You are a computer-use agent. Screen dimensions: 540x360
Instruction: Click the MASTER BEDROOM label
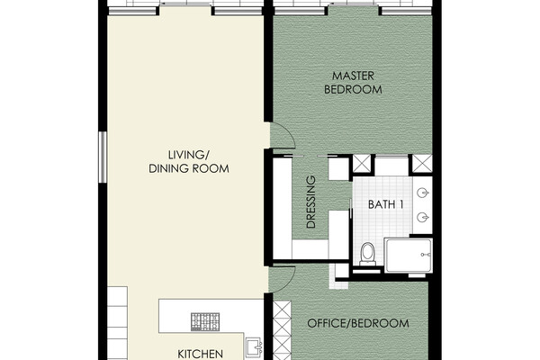[x=353, y=83]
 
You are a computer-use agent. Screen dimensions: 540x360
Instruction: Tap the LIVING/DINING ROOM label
[x=189, y=162]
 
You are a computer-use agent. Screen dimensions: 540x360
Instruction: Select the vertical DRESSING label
[x=311, y=202]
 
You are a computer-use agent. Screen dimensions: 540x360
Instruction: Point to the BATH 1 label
[x=386, y=204]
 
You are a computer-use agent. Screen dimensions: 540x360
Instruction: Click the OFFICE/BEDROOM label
[x=358, y=323]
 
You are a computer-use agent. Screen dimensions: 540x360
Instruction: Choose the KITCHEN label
[x=200, y=354]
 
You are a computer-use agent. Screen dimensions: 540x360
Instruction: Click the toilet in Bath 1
[x=367, y=254]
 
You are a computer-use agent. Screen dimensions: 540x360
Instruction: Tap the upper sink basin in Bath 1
[x=423, y=193]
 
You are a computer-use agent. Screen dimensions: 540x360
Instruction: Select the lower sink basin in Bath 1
[x=423, y=218]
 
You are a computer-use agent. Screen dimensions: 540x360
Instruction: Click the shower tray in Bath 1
[x=409, y=255]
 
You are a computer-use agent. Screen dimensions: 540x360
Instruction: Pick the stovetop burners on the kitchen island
[x=205, y=322]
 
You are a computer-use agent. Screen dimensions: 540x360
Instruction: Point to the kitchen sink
[x=254, y=348]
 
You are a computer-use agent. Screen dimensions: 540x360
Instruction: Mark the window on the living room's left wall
[x=103, y=157]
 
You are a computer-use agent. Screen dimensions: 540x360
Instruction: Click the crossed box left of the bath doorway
[x=362, y=164]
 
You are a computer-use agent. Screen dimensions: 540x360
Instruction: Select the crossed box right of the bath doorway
[x=422, y=164]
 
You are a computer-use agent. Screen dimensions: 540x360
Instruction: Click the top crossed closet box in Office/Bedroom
[x=282, y=310]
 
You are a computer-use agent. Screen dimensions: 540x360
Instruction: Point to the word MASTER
[x=353, y=76]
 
